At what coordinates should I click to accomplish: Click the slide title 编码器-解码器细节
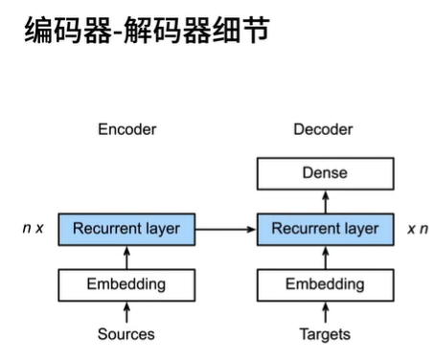144,33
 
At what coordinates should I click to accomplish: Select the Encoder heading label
126,129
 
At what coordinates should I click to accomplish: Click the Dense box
325,173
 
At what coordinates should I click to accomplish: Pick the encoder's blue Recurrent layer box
126,229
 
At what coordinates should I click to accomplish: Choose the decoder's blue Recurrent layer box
325,229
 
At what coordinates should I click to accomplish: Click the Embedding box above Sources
126,284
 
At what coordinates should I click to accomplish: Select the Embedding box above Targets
325,284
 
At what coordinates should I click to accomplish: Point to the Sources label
126,334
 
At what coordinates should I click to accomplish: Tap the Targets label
325,334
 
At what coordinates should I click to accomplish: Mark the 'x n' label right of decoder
417,229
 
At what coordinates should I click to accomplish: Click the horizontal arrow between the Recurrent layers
226,229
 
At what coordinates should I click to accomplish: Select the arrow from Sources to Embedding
126,311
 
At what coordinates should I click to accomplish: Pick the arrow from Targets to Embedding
325,311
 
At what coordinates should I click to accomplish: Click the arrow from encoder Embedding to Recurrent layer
126,257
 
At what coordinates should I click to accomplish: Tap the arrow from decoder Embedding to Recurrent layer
325,257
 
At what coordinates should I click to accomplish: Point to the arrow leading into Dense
325,201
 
